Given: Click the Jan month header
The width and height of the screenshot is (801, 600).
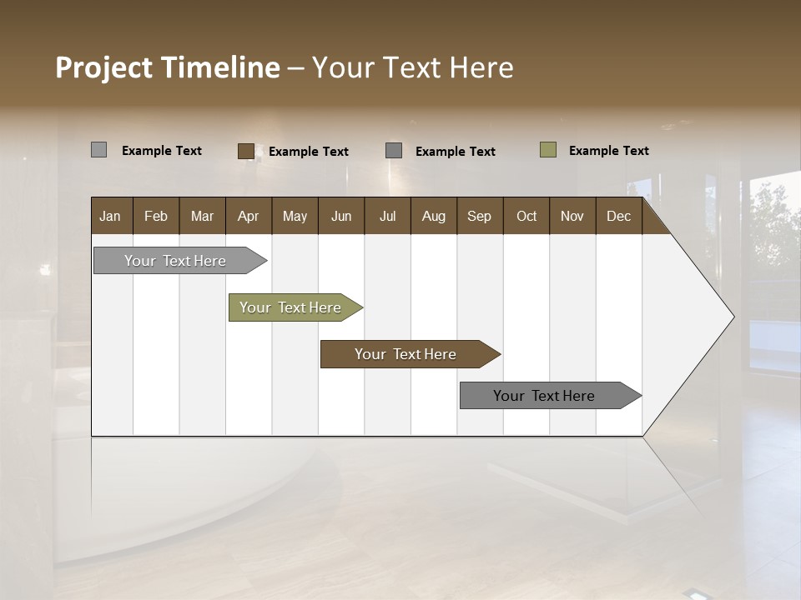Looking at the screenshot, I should tap(110, 216).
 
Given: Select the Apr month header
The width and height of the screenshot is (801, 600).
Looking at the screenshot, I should tap(248, 216).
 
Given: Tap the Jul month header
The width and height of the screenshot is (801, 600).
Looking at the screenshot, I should tap(387, 216).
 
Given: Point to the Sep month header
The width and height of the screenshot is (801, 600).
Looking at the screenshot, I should tap(479, 216).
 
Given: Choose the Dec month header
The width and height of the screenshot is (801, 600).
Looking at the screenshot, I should tap(618, 216).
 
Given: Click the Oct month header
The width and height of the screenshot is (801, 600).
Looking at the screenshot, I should tap(526, 216).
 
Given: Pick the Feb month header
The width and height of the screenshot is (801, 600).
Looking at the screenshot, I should tap(156, 216).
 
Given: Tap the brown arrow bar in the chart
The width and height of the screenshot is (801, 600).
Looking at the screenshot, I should tap(406, 354).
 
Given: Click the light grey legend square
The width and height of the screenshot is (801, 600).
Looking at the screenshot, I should tap(98, 150).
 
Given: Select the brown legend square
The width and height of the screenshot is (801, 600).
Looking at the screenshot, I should tap(245, 151).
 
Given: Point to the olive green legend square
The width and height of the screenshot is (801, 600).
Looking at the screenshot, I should tap(547, 150).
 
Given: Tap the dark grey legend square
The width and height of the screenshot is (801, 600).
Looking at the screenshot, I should tap(394, 151).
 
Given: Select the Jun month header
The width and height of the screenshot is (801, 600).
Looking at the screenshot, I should tap(340, 216).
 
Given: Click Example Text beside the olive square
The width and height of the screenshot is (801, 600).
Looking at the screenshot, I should tap(608, 151).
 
